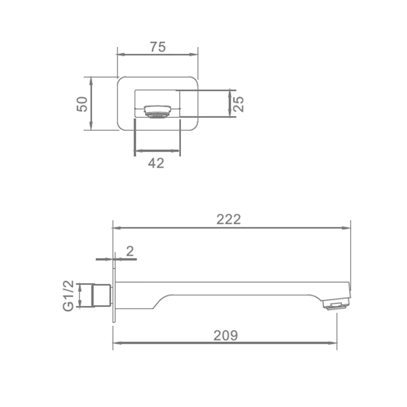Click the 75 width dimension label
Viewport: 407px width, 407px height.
point(158,47)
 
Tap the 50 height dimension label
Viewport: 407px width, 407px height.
point(82,104)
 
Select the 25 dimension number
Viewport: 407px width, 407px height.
point(238,104)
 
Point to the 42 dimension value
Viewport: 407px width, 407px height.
point(156,163)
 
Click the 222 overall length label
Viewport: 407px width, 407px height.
point(228,219)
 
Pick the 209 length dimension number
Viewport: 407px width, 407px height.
point(225,335)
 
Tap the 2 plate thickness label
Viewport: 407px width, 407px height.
point(130,251)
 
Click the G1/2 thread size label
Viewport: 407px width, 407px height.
point(69,296)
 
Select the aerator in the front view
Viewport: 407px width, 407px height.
point(158,111)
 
